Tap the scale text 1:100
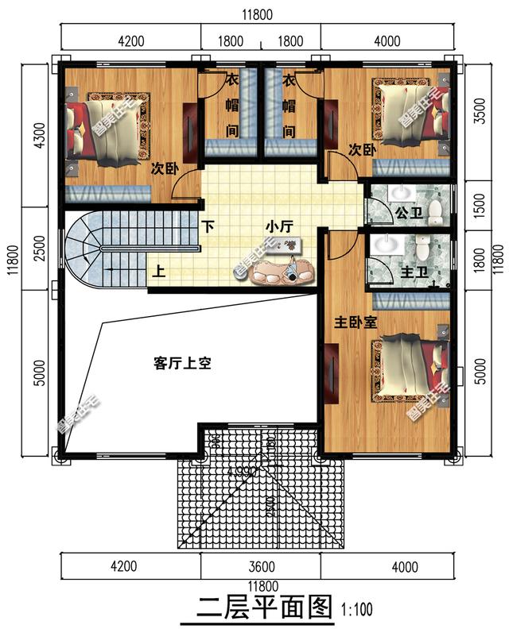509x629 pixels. click(356, 611)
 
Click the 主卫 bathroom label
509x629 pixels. click(414, 272)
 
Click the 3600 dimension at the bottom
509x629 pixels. click(261, 567)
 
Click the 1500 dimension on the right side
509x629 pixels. click(479, 205)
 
